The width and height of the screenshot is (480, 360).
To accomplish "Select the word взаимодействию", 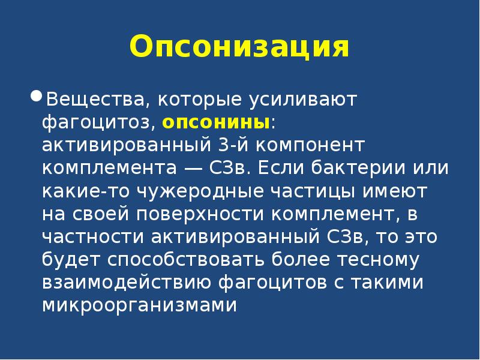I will click(x=122, y=283).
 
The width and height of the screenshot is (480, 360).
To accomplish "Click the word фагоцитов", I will click(x=275, y=283).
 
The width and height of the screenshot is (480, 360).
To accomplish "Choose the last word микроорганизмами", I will click(x=140, y=306).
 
